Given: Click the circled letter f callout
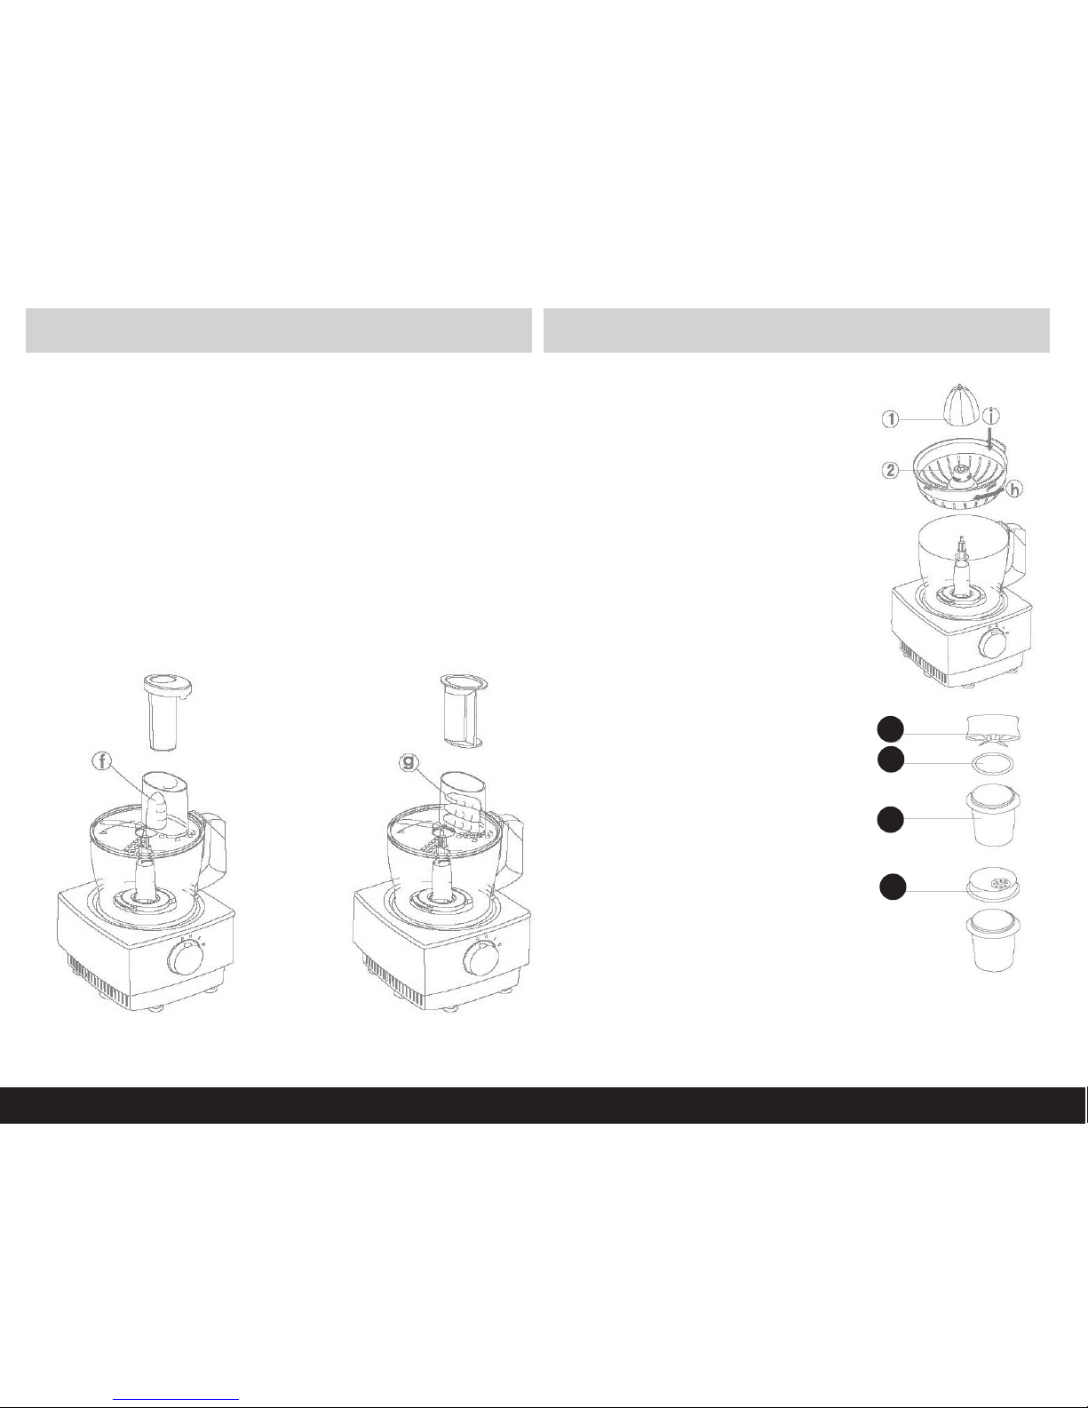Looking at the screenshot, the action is (102, 761).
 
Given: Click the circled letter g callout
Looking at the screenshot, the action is (409, 762).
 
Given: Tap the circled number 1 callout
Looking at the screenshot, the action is (891, 419).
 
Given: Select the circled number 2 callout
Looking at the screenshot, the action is (891, 470).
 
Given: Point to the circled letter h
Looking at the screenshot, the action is (1014, 489).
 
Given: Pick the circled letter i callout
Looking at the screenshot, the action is (991, 416).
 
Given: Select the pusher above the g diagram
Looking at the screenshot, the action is (463, 712).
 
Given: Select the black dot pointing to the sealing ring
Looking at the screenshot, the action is (891, 759).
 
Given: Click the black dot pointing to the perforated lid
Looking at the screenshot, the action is (893, 887).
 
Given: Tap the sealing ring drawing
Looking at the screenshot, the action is (991, 765).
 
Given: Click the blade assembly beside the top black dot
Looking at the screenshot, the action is (992, 730).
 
